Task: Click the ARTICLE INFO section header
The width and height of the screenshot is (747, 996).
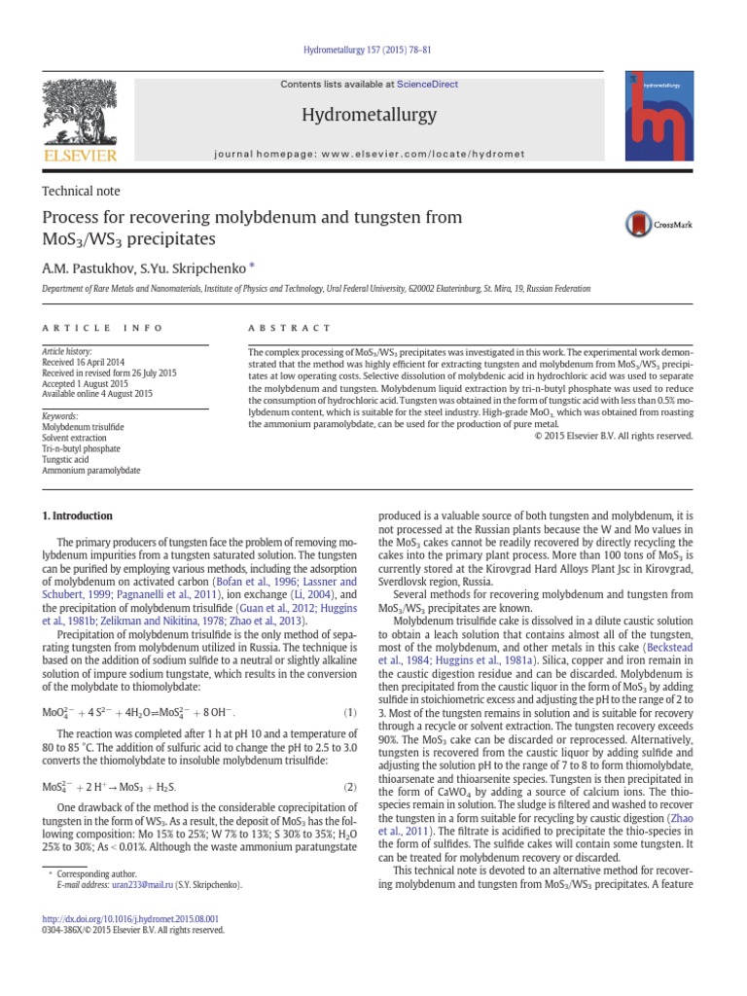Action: (101, 329)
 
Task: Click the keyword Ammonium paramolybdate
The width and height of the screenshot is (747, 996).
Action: (90, 470)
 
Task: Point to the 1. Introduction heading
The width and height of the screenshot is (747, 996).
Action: (77, 516)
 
